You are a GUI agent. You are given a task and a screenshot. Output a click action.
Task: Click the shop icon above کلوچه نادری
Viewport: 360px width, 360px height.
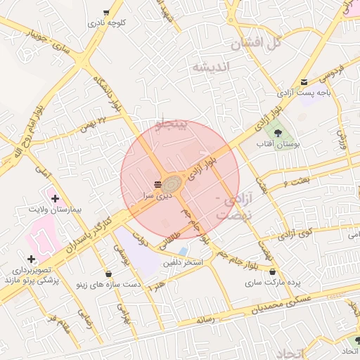(x=106, y=13)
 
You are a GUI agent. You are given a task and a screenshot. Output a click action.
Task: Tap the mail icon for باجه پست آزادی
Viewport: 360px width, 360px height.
(x=304, y=82)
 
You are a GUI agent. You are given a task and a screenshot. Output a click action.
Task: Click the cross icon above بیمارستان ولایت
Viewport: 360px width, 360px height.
(x=55, y=199)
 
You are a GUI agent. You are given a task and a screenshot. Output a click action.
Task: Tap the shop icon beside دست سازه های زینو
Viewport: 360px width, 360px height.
(x=108, y=274)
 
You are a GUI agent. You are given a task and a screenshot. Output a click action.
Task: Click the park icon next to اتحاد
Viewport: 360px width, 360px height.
(x=357, y=341)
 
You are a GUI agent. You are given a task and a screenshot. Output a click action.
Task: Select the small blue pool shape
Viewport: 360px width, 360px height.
(x=184, y=250)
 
